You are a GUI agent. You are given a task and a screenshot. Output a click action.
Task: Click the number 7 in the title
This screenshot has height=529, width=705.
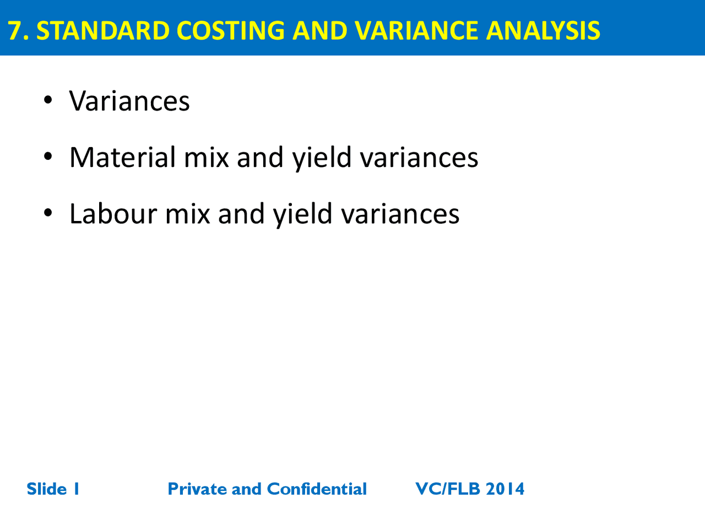(x=16, y=31)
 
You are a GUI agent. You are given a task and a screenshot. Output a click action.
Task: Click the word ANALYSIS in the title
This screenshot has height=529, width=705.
(x=543, y=31)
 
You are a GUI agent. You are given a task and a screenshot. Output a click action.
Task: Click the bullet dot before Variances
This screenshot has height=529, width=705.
(x=48, y=100)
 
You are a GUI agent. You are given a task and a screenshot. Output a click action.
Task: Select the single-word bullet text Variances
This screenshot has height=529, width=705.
(x=129, y=101)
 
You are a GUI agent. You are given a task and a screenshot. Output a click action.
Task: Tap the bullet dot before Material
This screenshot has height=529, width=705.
(x=48, y=156)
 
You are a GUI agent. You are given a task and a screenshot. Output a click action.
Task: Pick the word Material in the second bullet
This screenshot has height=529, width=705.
(x=122, y=158)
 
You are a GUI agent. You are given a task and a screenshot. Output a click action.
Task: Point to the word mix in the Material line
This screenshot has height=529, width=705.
(x=206, y=158)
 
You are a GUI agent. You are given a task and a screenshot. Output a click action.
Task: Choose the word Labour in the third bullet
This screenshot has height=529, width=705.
(x=113, y=214)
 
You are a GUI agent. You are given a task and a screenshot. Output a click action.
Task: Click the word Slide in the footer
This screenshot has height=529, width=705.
(x=46, y=489)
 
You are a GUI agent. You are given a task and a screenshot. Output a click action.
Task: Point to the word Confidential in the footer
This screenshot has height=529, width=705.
(x=317, y=489)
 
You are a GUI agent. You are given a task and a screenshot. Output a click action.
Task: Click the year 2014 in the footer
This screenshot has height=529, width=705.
(x=505, y=489)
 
